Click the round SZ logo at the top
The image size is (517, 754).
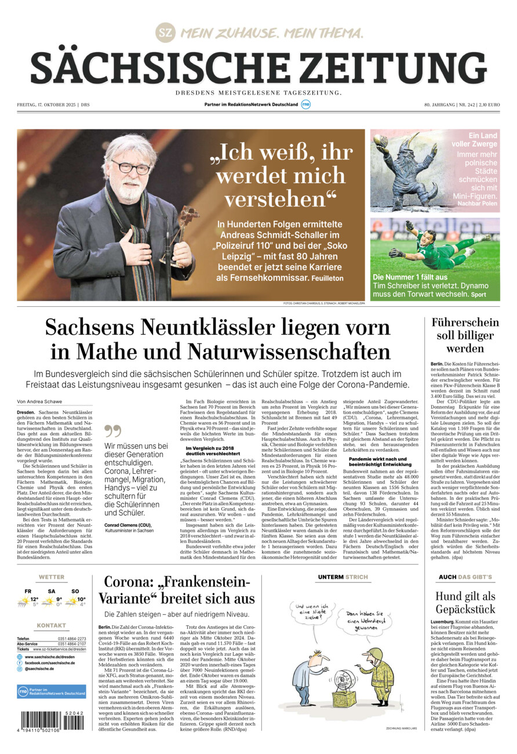click(165, 33)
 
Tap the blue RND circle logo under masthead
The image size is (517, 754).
click(306, 104)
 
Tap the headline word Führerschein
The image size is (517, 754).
click(465, 323)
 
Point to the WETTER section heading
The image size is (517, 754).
click(52, 578)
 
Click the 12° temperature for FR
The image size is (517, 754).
click(35, 599)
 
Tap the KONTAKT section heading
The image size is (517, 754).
click(52, 626)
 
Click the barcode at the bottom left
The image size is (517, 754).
click(52, 721)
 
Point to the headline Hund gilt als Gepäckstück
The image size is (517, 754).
click(465, 603)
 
